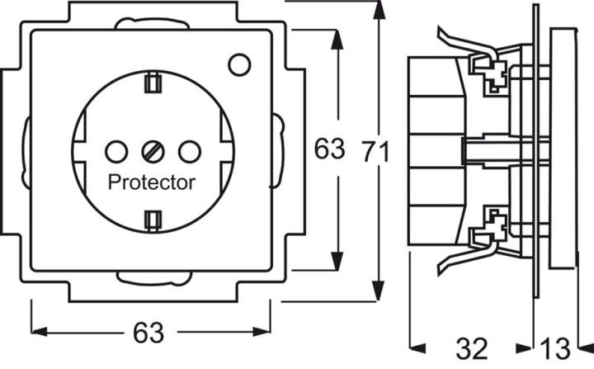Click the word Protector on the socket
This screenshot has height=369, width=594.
pyautogui.click(x=152, y=182)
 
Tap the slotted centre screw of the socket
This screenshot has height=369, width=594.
pyautogui.click(x=153, y=150)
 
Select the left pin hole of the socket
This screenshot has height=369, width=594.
pyautogui.click(x=115, y=150)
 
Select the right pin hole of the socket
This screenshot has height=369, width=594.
pyautogui.click(x=190, y=150)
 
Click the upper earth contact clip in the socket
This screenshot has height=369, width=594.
pyautogui.click(x=152, y=83)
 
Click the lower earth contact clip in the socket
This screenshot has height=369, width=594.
pyautogui.click(x=152, y=219)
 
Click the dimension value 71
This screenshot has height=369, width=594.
pyautogui.click(x=377, y=150)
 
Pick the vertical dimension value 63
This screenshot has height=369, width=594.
pyautogui.click(x=328, y=150)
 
